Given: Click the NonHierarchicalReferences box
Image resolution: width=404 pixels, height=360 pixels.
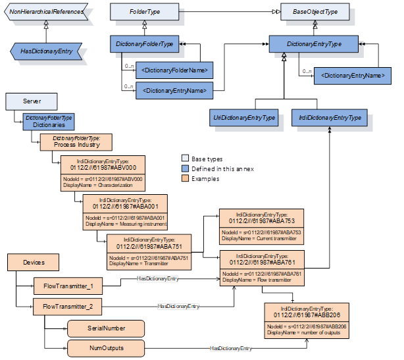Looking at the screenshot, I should pos(46,11).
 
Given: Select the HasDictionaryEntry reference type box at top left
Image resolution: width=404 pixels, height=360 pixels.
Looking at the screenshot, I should pos(46,50).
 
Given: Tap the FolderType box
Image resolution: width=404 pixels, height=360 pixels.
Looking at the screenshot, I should pos(144,11).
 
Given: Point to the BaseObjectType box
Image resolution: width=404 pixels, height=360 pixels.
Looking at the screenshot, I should pos(310,11).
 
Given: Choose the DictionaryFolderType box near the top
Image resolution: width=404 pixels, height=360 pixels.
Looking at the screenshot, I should pos(144,44).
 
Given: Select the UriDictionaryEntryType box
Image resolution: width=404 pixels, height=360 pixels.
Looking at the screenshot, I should pos(244,118).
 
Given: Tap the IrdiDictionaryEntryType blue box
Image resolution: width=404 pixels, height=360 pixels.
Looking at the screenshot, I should pos(330,118).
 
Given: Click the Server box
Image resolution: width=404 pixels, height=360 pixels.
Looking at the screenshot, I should pos(32,101).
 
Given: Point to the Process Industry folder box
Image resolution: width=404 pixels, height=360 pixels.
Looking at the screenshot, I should pos(76,141).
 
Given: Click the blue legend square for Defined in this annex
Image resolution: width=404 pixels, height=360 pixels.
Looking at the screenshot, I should pos(185,168).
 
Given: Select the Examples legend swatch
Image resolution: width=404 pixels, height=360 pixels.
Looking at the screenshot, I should pos(185,178).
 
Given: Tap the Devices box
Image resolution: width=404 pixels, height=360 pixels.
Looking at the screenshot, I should pos(34,263).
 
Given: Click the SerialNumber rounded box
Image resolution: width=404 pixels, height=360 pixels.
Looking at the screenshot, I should pos(105,327).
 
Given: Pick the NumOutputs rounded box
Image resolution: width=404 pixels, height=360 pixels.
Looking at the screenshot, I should pos(105,347).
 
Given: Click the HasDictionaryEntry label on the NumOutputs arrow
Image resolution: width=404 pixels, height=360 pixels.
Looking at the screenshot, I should pos(230,347).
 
